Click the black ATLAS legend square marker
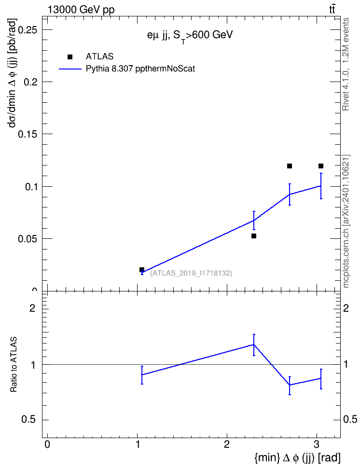tap(70, 57)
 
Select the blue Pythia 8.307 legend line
tap(70, 69)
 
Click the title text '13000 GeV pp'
tap(81, 10)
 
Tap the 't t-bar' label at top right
tap(332, 10)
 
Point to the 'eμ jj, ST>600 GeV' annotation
tap(190, 36)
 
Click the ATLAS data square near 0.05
tap(254, 236)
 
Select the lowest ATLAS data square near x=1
tap(142, 270)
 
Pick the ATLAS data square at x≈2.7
tap(290, 166)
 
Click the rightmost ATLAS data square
tap(321, 166)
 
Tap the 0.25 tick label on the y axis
tap(28, 30)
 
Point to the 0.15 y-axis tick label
tap(28, 134)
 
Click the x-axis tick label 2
tap(227, 444)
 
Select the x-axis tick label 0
tap(47, 444)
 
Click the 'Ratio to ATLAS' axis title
tap(14, 365)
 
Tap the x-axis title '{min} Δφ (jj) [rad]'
tap(297, 457)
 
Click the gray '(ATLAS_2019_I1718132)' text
tap(191, 273)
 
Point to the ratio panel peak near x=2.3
tap(254, 345)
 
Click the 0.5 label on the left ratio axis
tap(29, 420)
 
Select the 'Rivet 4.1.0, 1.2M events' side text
tap(346, 64)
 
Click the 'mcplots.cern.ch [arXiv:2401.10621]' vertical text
tap(346, 221)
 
